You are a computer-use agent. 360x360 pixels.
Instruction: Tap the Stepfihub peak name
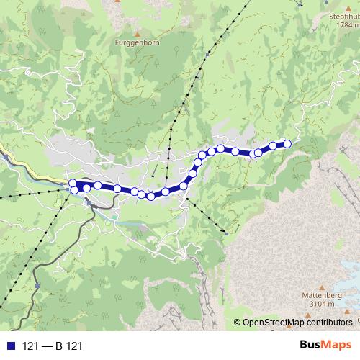pyautogui.click(x=343, y=15)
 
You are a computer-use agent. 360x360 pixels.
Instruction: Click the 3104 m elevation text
pyautogui.click(x=318, y=305)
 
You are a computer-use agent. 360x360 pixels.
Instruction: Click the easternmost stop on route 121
pyautogui.click(x=287, y=143)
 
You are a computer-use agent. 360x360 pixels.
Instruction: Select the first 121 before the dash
pyautogui.click(x=30, y=346)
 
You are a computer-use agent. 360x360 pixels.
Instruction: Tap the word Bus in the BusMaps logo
pyautogui.click(x=311, y=345)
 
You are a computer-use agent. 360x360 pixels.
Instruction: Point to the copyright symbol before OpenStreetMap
pyautogui.click(x=238, y=323)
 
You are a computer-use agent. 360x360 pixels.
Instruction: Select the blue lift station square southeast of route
pyautogui.click(x=227, y=233)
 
